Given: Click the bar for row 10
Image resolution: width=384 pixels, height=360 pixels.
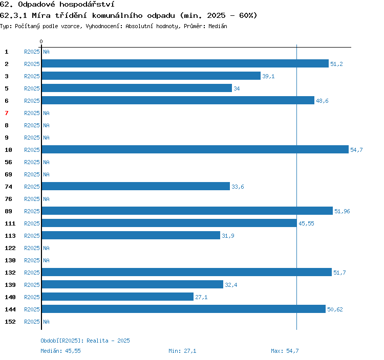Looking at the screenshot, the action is [195, 149].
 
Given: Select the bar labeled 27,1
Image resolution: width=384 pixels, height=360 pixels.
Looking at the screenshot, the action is [118, 297].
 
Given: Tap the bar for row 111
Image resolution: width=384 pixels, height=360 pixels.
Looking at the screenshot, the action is [169, 223].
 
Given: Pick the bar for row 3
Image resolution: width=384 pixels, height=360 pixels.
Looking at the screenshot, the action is [151, 76].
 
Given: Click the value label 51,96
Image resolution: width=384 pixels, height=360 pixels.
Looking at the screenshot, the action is [342, 211].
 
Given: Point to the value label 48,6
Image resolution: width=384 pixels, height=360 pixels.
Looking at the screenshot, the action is [322, 101].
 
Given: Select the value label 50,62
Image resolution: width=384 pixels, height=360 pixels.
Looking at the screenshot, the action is [335, 309].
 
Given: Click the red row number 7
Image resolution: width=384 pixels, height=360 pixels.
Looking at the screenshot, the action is [7, 113].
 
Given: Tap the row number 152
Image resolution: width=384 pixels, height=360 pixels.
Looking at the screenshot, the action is [10, 322].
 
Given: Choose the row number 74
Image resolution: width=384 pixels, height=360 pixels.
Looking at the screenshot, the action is [8, 187].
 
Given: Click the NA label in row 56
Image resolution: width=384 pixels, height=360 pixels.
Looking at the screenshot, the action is [46, 162].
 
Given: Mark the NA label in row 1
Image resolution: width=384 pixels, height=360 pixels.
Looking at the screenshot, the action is [46, 52].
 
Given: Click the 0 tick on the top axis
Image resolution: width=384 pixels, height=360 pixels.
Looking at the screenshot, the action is [41, 41].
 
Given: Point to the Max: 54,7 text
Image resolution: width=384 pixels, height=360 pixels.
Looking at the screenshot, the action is [285, 351].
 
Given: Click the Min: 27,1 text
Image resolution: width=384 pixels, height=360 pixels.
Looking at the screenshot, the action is [182, 351].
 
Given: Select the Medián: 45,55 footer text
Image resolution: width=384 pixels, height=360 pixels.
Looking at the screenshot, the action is [61, 351].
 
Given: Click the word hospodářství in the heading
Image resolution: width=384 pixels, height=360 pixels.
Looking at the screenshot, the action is [87, 5].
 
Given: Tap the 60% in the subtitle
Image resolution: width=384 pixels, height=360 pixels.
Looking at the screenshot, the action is [248, 15].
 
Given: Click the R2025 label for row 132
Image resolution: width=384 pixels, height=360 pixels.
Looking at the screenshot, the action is [32, 273].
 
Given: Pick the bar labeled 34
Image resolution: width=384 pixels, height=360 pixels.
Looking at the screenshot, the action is [137, 88].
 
